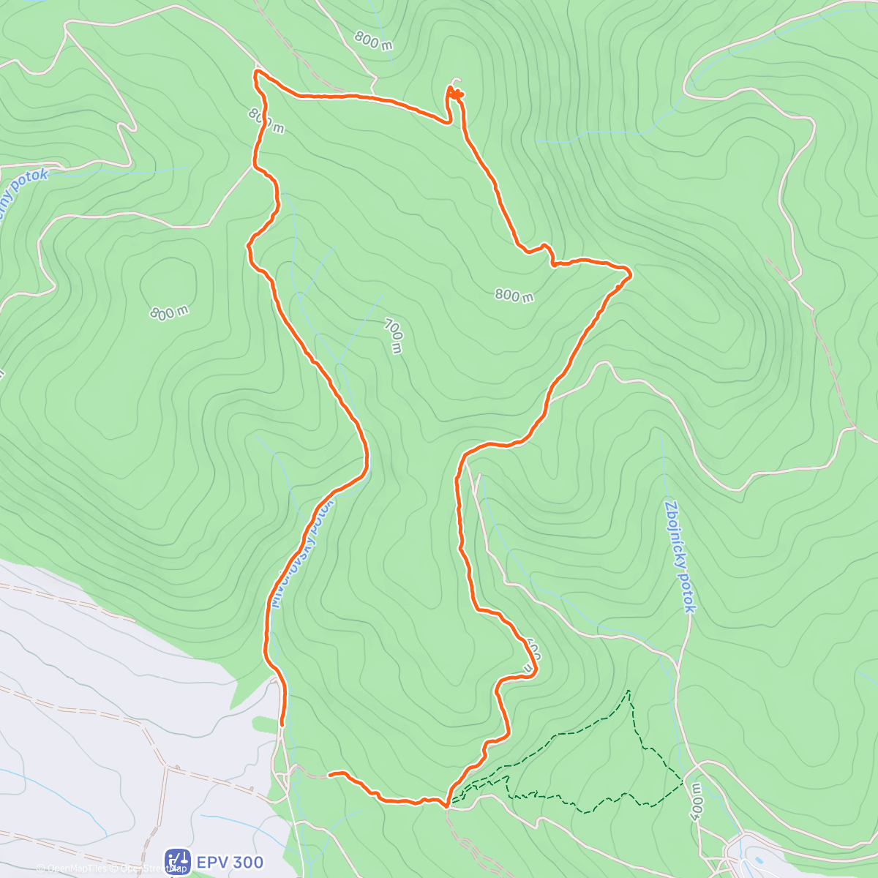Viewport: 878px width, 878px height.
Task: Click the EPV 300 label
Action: pyautogui.click(x=230, y=862)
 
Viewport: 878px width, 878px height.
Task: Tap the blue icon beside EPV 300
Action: pyautogui.click(x=178, y=861)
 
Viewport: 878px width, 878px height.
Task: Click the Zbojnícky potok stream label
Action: pyautogui.click(x=680, y=556)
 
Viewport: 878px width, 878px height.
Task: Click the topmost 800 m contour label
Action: pyautogui.click(x=373, y=41)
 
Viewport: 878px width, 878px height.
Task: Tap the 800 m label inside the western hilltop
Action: pyautogui.click(x=169, y=312)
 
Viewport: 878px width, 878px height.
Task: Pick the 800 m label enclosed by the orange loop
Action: pyautogui.click(x=514, y=296)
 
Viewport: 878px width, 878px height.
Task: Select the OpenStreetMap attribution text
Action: pyautogui.click(x=150, y=869)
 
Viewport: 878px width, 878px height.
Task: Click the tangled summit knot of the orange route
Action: pyautogui.click(x=455, y=93)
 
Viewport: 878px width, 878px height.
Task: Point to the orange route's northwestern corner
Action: pyautogui.click(x=256, y=72)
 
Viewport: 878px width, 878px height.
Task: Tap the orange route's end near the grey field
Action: pyautogui.click(x=282, y=724)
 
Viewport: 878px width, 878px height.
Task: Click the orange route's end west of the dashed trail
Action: pyautogui.click(x=331, y=773)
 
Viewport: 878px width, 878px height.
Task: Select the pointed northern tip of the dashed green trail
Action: pyautogui.click(x=628, y=690)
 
